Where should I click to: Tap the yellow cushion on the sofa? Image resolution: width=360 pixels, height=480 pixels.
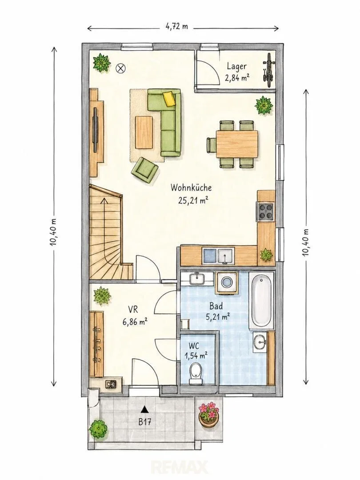[170, 98]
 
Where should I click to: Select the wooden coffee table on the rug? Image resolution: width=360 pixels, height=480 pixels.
[144, 132]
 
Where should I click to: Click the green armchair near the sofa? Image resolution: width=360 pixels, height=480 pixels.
[145, 169]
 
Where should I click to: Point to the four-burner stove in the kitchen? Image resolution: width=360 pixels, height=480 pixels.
[265, 212]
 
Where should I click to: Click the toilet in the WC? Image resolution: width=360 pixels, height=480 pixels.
[195, 373]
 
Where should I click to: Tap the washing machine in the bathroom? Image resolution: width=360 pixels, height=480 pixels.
[227, 282]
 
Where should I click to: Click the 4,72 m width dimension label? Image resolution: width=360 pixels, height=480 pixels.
[176, 27]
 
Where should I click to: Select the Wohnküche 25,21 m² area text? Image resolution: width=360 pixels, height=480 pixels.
[191, 193]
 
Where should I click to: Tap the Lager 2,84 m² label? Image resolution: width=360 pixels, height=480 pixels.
[237, 72]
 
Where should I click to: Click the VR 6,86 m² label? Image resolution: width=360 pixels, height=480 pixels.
[133, 316]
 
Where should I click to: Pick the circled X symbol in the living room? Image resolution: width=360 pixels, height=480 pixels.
[120, 68]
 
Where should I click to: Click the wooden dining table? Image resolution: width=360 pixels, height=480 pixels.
[237, 144]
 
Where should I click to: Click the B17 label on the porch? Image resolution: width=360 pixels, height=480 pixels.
[145, 423]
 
